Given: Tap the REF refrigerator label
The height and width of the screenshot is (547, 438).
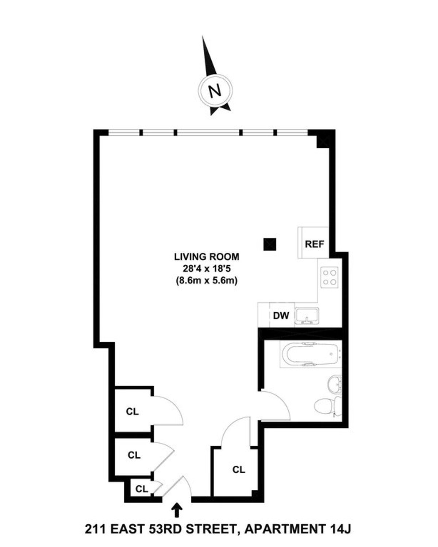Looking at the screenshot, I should (x=314, y=244).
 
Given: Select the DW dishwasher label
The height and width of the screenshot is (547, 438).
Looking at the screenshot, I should (x=281, y=315).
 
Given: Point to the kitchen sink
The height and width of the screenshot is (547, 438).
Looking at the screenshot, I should (x=307, y=315).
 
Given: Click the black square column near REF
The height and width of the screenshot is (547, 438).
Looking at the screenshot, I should (x=270, y=244).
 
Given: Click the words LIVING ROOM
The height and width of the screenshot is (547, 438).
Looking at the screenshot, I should (x=207, y=257).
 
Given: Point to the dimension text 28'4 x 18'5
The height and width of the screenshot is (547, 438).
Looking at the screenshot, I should (x=207, y=269).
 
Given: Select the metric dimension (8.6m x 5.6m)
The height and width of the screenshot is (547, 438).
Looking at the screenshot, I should (x=207, y=281).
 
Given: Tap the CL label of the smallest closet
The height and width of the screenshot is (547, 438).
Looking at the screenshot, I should (x=142, y=489).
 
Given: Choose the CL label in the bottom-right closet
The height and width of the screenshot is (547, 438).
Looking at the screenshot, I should (x=239, y=470).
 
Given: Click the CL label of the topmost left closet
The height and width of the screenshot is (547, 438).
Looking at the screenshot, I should (x=132, y=412).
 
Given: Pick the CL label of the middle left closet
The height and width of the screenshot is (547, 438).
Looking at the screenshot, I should (x=134, y=455).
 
